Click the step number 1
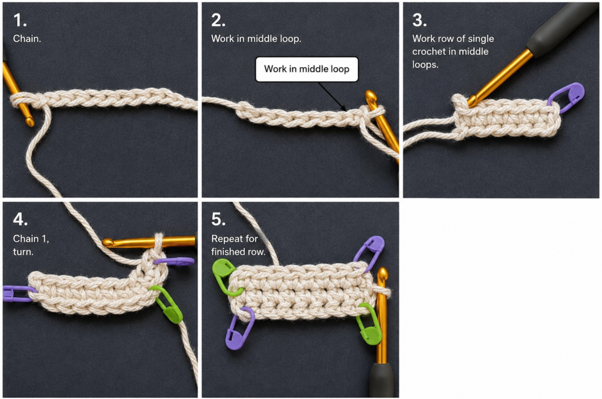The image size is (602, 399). click(20, 20)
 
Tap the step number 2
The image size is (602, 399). click(218, 20)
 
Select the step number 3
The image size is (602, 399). click(419, 20)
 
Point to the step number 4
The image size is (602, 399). click(21, 219)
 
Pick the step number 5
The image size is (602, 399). click(218, 219)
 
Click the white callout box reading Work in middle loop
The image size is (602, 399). click(307, 69)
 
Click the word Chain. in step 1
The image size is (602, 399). click(27, 38)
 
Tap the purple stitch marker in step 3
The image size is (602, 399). click(567, 97)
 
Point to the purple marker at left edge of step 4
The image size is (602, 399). click(17, 293)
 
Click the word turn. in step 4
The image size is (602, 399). click(23, 252)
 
